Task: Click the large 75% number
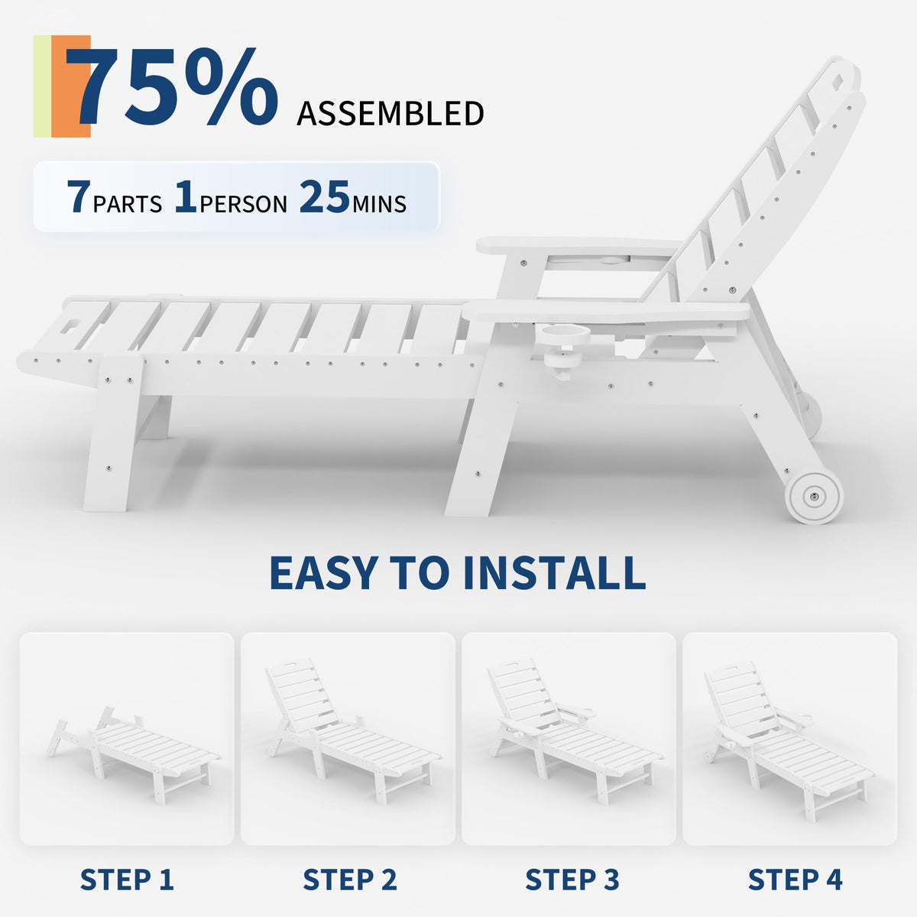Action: click(172, 88)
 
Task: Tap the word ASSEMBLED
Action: click(390, 113)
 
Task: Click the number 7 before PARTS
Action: click(78, 196)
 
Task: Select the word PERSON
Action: click(243, 204)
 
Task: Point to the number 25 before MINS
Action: click(325, 196)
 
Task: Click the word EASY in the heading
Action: click(324, 572)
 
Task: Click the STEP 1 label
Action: click(127, 880)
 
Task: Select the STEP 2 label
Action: click(350, 880)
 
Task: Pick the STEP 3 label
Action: click(572, 880)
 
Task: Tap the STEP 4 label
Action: click(795, 880)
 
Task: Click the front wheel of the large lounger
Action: click(814, 496)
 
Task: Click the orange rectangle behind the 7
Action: click(71, 86)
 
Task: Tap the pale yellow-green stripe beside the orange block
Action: click(42, 86)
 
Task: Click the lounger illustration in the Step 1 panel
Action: click(133, 756)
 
